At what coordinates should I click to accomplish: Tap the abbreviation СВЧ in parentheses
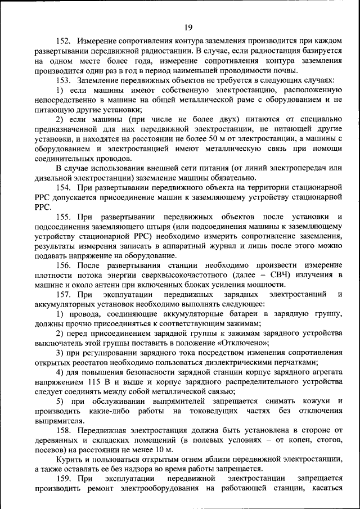[260, 274]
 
